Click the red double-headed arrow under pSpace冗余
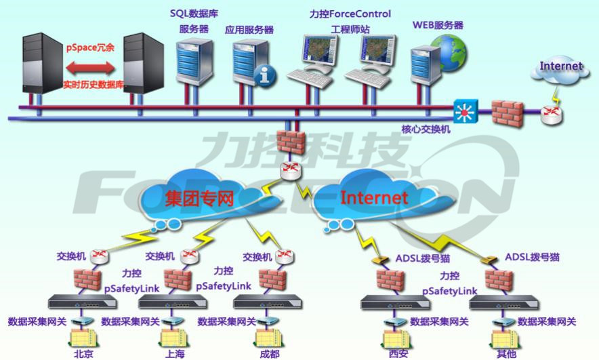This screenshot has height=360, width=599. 90,68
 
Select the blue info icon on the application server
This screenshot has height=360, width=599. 265,75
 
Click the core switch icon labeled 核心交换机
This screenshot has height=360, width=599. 465,112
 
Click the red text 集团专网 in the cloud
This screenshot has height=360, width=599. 199,199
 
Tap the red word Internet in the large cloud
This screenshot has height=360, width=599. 374,197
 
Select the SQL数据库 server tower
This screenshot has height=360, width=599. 194,61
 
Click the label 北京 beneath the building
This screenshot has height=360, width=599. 83,354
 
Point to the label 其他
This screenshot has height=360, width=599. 506,354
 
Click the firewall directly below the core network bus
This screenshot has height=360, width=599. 291,142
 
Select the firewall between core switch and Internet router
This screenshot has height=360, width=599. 507,113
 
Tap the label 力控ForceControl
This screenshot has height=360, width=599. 350,14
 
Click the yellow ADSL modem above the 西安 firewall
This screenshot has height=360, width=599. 381,260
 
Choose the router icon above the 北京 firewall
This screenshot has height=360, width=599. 100,256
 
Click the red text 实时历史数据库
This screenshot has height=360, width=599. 94,85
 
